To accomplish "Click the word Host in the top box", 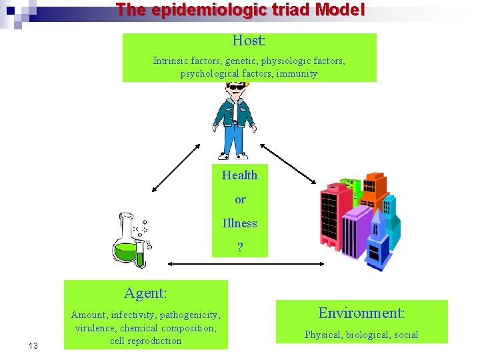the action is point(247,41).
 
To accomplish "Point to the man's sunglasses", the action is point(236,87).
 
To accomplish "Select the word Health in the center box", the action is point(239,175).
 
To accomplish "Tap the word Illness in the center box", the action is point(239,223).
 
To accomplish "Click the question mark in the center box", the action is point(240,247).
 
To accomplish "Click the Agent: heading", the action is point(145,293).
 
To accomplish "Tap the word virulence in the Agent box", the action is point(96,328).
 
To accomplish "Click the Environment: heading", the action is point(361,313).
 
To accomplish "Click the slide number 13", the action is point(34,345).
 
